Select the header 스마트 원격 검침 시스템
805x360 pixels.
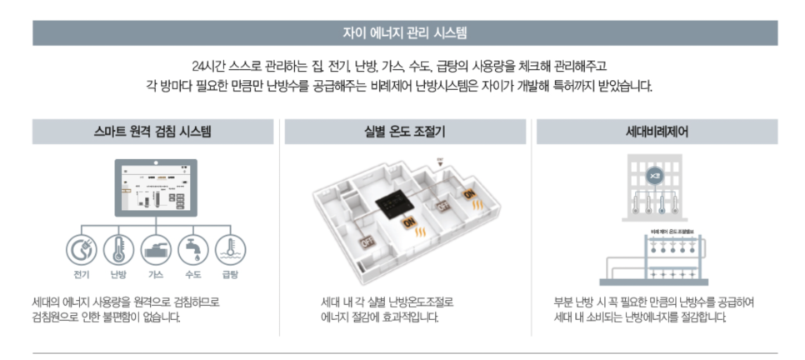coord(152,132)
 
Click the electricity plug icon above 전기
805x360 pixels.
coord(81,249)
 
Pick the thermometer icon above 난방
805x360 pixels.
coord(118,249)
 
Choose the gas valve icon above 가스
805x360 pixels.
coord(156,249)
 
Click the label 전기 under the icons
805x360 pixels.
coord(81,274)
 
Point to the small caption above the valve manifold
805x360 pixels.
coord(652,229)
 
